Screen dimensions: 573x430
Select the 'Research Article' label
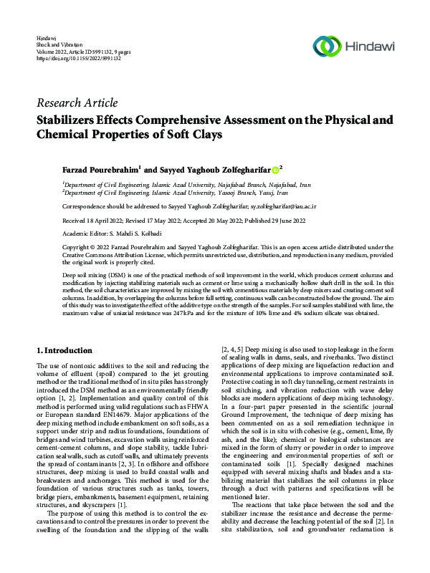[x=77, y=103]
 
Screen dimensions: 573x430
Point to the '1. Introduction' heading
[x=64, y=350]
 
